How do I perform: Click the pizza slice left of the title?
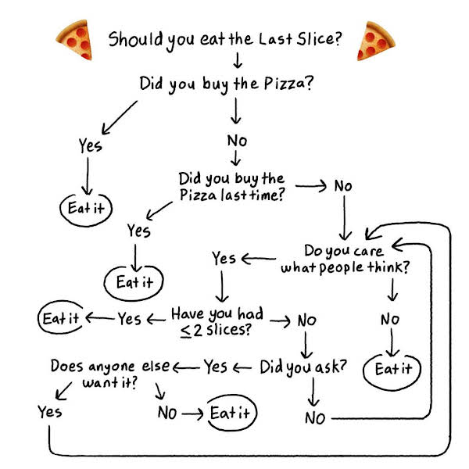pos(75,40)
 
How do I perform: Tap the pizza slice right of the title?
pos(375,41)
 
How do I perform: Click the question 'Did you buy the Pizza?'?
pos(227,84)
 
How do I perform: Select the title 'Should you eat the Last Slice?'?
pos(225,40)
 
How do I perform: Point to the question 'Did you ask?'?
pos(303,367)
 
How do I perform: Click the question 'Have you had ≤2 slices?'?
pos(217,322)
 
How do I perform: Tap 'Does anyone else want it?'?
pos(110,374)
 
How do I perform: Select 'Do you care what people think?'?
pos(345,259)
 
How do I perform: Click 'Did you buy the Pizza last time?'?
pos(231,187)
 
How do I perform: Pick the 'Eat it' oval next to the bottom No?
pos(231,413)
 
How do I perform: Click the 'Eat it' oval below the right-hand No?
pos(392,371)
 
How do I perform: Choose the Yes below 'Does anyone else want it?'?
pos(50,412)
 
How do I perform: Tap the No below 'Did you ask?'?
pos(315,418)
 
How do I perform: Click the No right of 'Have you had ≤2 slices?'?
pos(307,320)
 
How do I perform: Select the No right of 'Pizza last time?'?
pos(343,186)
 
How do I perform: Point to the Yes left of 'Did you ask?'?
pos(216,367)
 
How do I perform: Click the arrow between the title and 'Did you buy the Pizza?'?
pos(238,60)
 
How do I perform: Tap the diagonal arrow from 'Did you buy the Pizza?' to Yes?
pos(120,117)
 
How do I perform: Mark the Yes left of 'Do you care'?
pos(224,259)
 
